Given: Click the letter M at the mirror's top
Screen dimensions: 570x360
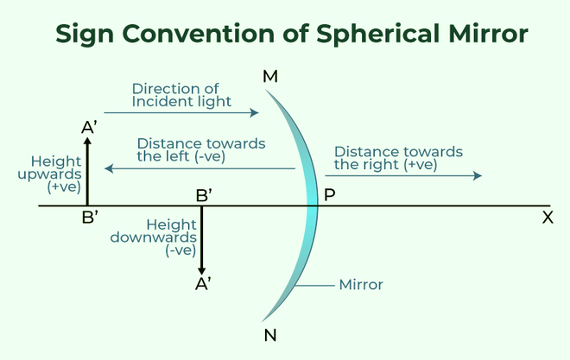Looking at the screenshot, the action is point(270,77).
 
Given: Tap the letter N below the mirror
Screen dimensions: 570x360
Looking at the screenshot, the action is point(270,335).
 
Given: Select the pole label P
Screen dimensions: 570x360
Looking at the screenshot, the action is point(329,195).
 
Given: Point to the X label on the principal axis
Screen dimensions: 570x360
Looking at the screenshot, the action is point(548,218).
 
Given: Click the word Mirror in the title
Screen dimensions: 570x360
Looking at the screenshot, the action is point(488,34).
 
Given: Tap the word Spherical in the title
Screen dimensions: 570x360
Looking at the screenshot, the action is point(378,35).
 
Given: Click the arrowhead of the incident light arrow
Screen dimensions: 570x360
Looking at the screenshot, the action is point(255,112).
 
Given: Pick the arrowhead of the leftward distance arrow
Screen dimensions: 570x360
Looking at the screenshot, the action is point(108,168).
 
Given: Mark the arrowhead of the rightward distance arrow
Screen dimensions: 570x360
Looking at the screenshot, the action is point(478,176).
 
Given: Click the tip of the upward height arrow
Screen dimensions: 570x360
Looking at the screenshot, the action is point(87,137).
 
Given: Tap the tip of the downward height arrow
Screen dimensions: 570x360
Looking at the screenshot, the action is point(202,274).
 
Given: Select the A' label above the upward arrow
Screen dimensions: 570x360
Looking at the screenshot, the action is point(90,128).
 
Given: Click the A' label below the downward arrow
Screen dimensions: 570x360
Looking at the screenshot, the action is point(203,284).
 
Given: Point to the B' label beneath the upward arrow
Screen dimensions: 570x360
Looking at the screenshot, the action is point(90,218).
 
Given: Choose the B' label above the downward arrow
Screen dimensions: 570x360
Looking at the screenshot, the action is point(204,195).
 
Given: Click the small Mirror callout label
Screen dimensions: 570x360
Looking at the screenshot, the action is point(361,285).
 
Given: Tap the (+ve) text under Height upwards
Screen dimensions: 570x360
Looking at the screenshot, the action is point(64,186).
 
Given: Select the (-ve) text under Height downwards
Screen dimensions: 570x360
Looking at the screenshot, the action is point(180,250).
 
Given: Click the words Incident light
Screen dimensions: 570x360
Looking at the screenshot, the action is point(181,102).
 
